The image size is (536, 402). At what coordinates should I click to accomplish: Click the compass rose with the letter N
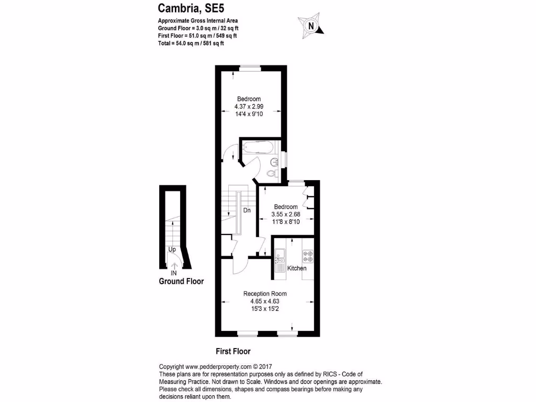(311, 25)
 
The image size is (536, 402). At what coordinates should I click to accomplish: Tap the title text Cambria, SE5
(188, 8)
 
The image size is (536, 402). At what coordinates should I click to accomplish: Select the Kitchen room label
(297, 269)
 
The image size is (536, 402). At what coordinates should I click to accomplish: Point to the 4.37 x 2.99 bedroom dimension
(249, 106)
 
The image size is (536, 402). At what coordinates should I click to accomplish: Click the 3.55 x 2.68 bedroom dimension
(286, 214)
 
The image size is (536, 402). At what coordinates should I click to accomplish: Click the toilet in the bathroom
(272, 173)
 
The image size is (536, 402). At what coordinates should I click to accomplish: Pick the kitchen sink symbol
(280, 255)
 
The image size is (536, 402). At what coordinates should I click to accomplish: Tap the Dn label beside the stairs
(247, 210)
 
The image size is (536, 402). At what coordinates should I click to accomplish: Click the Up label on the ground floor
(172, 250)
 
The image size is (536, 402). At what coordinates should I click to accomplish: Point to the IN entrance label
(174, 273)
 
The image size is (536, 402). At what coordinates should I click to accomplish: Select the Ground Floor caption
(181, 282)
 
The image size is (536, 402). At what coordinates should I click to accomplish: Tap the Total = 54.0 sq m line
(191, 43)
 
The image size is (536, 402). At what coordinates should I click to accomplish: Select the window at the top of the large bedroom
(250, 67)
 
